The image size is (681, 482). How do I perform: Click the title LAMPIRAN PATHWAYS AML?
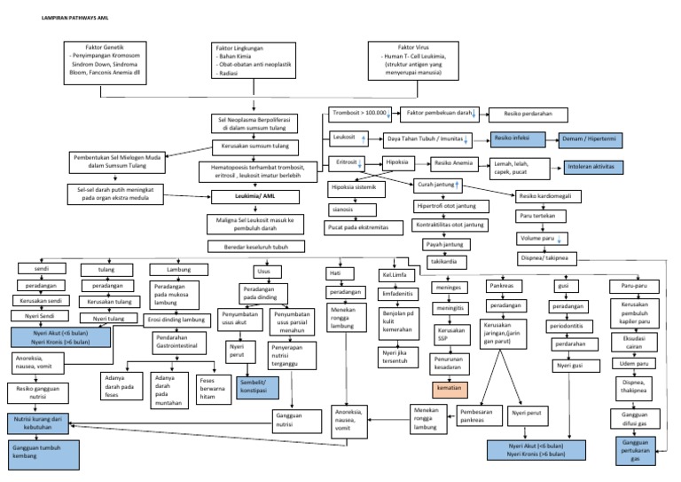[58, 18]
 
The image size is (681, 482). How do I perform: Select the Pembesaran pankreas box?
[477, 416]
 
